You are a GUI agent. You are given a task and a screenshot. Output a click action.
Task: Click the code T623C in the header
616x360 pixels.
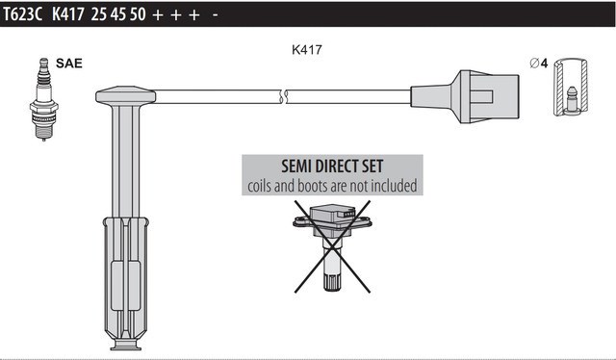[22, 14]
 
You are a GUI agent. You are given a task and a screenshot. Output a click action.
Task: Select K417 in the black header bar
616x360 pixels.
[68, 14]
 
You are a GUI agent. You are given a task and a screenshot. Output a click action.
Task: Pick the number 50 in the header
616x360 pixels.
[138, 14]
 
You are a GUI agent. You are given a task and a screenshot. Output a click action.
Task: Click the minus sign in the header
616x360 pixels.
[215, 15]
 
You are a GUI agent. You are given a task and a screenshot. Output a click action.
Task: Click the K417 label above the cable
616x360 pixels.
[307, 49]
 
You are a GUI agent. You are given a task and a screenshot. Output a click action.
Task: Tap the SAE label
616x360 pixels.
[69, 63]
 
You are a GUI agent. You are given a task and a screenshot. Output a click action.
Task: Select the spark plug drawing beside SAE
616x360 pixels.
[44, 99]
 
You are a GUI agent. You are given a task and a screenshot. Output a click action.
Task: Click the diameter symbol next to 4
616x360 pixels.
[534, 63]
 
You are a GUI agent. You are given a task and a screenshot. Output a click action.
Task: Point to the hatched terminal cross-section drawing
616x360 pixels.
[571, 88]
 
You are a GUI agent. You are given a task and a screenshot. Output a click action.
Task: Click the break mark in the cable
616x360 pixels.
[284, 96]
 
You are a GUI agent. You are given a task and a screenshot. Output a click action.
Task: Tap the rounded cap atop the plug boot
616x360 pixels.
[126, 95]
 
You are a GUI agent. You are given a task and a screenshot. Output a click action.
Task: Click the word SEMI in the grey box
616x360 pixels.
[297, 167]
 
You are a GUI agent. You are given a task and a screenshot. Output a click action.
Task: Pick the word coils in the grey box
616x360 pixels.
[260, 186]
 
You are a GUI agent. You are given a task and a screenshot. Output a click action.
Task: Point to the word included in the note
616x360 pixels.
[394, 186]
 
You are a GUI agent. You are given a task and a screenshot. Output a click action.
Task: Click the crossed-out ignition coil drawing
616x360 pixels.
[332, 246]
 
